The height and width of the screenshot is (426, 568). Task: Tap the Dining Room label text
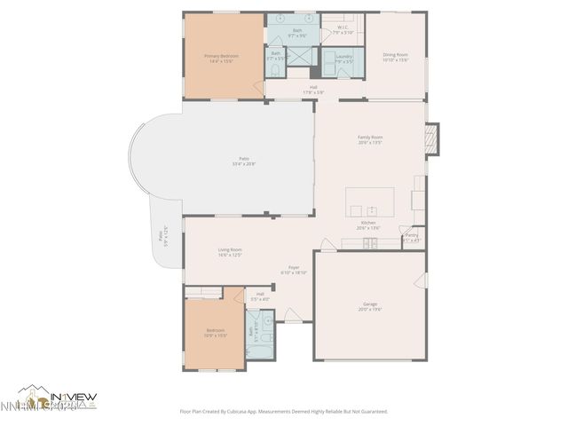396,58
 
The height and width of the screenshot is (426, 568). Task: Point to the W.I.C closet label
343,30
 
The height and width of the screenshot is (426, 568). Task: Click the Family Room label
369,139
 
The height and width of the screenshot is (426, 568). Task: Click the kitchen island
369,202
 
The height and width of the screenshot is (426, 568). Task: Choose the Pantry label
412,237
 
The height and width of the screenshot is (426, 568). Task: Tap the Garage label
369,306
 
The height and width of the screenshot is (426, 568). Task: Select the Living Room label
230,252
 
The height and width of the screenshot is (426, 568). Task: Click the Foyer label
293,270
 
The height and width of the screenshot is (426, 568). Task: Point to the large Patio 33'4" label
243,161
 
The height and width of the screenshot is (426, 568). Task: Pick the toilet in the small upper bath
276,68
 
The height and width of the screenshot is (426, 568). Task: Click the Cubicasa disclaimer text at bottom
284,411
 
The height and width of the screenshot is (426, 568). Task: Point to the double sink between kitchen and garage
369,241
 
